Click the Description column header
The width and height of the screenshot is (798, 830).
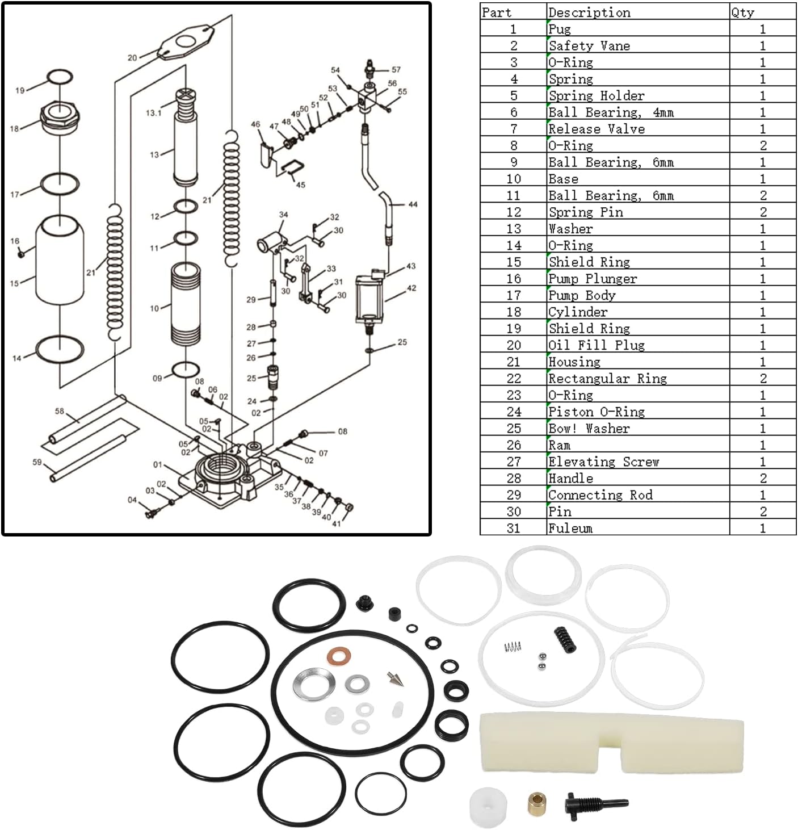click(589, 12)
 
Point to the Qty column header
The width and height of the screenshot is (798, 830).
click(742, 12)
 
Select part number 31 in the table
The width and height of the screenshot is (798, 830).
click(514, 528)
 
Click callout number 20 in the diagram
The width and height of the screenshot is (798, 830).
click(132, 57)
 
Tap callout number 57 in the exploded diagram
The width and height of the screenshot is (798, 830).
click(396, 69)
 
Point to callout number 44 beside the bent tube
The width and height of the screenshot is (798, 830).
click(413, 204)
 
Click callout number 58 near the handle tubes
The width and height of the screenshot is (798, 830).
click(60, 411)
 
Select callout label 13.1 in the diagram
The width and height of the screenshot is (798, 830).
click(153, 113)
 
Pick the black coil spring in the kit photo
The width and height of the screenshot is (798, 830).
click(565, 639)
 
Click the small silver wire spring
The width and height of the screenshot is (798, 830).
click(513, 647)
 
